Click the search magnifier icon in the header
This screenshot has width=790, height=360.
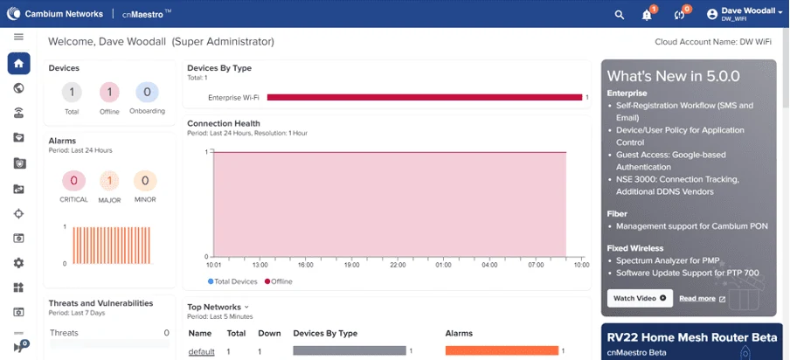point(620,15)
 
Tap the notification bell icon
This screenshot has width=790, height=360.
point(647,15)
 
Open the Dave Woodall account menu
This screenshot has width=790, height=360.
point(746,14)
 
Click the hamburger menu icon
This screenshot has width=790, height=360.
point(18,37)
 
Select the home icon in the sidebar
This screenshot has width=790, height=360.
point(18,64)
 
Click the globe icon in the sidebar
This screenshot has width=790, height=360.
point(18,88)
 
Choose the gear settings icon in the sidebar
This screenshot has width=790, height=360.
point(18,262)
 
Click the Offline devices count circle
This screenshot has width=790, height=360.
point(109,92)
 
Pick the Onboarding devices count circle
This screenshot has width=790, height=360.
point(147,92)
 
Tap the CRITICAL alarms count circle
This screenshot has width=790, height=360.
point(73,181)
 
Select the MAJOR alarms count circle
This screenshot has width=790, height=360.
point(109,181)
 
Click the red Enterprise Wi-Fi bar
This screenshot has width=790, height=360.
point(425,97)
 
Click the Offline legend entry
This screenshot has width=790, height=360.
point(278,281)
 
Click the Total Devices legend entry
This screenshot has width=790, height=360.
point(232,281)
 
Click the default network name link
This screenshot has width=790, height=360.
point(202,351)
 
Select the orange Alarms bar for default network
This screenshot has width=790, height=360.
point(502,350)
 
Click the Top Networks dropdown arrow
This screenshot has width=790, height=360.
point(246,307)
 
